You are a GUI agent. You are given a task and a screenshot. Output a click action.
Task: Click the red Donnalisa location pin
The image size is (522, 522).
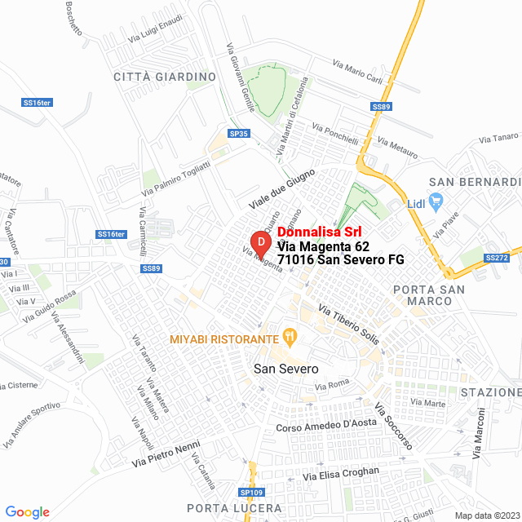[x=259, y=242]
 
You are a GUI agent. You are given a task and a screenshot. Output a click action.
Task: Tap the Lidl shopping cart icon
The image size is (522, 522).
[x=436, y=200]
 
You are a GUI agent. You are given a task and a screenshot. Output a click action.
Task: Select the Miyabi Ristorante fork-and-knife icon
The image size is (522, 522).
[x=288, y=336]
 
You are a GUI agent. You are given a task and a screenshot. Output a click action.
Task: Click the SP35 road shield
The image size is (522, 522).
[x=238, y=133]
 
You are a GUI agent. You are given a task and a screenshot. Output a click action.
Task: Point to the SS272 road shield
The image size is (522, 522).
[x=496, y=258]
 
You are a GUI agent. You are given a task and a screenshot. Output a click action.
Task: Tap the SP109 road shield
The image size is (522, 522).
[x=252, y=493]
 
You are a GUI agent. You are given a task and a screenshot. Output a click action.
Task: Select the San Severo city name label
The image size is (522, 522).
[x=286, y=369]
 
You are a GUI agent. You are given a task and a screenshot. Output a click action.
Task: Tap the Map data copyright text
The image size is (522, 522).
[x=486, y=515]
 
